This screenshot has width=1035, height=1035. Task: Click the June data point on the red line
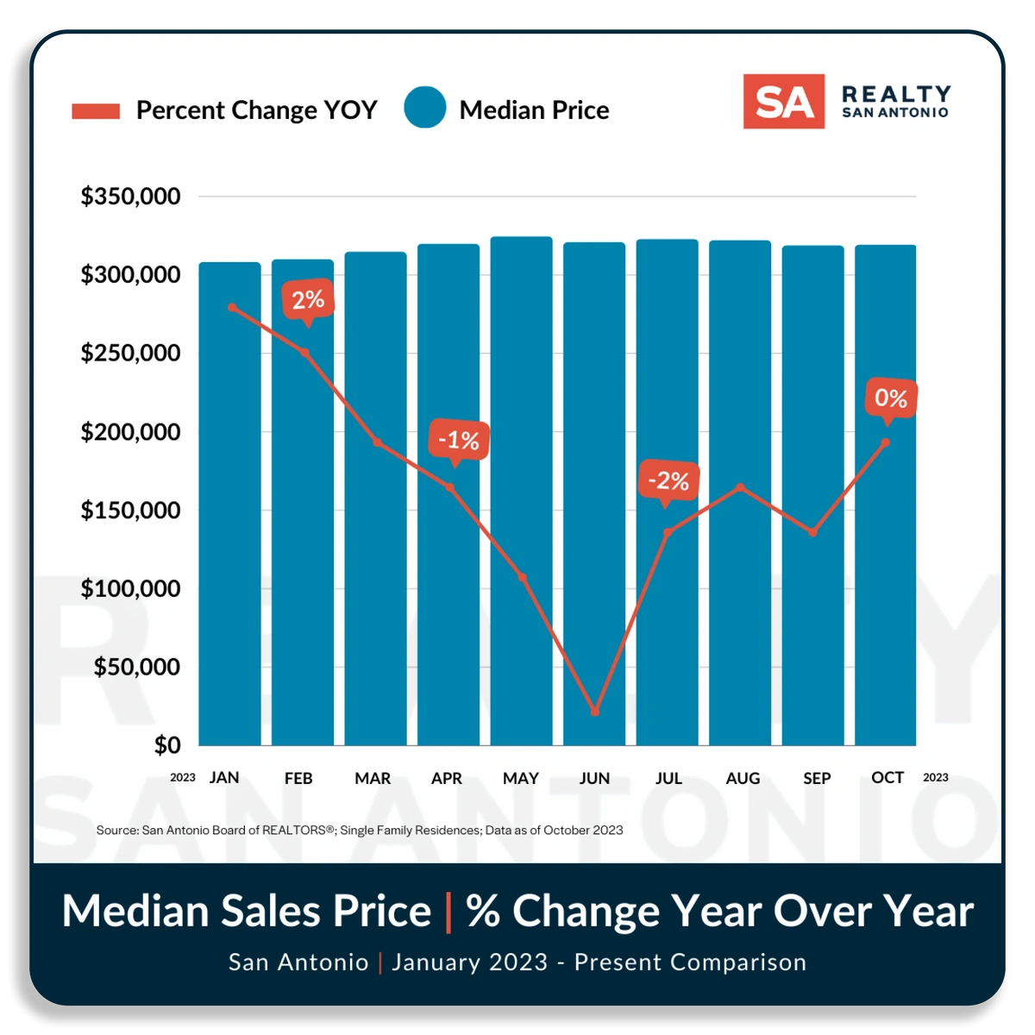pyautogui.click(x=595, y=712)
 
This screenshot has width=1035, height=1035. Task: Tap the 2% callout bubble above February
pyautogui.click(x=308, y=300)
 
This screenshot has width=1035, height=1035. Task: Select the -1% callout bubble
pyautogui.click(x=458, y=441)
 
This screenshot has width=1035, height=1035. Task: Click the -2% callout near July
pyautogui.click(x=668, y=481)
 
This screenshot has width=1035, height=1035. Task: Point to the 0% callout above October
pyautogui.click(x=890, y=398)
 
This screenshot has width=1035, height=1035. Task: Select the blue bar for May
pyautogui.click(x=521, y=492)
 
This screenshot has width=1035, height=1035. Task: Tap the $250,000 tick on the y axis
pyautogui.click(x=130, y=353)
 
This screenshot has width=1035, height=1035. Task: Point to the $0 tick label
pyautogui.click(x=167, y=745)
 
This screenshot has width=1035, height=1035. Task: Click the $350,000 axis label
pyautogui.click(x=130, y=197)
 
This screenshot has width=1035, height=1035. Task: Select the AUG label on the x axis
pyautogui.click(x=743, y=778)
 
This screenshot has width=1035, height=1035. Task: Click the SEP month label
pyautogui.click(x=816, y=778)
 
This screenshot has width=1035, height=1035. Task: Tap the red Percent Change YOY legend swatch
pyautogui.click(x=96, y=110)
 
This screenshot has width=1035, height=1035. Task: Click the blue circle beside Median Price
pyautogui.click(x=424, y=109)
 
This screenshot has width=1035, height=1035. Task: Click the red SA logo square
pyautogui.click(x=783, y=102)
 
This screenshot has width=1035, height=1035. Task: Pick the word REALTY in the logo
pyautogui.click(x=896, y=93)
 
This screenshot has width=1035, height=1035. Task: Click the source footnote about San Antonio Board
pyautogui.click(x=359, y=830)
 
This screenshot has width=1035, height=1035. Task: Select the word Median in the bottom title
pyautogui.click(x=135, y=911)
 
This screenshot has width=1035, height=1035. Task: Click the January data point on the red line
pyautogui.click(x=231, y=307)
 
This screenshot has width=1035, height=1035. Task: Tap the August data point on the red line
pyautogui.click(x=740, y=487)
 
